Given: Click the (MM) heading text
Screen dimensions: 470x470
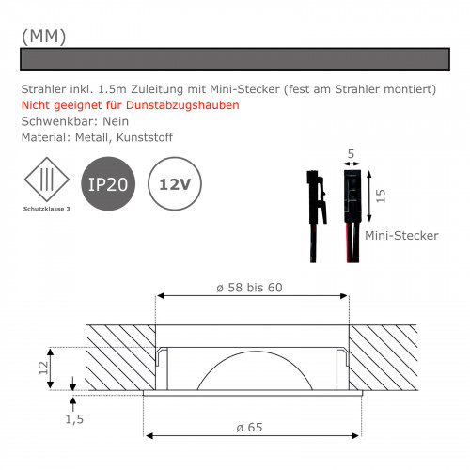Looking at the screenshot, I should [43, 35].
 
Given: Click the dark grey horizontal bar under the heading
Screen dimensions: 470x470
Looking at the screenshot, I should [234, 58].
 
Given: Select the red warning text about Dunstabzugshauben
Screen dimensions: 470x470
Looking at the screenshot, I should [130, 104].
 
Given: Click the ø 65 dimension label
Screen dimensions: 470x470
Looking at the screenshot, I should [250, 427].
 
